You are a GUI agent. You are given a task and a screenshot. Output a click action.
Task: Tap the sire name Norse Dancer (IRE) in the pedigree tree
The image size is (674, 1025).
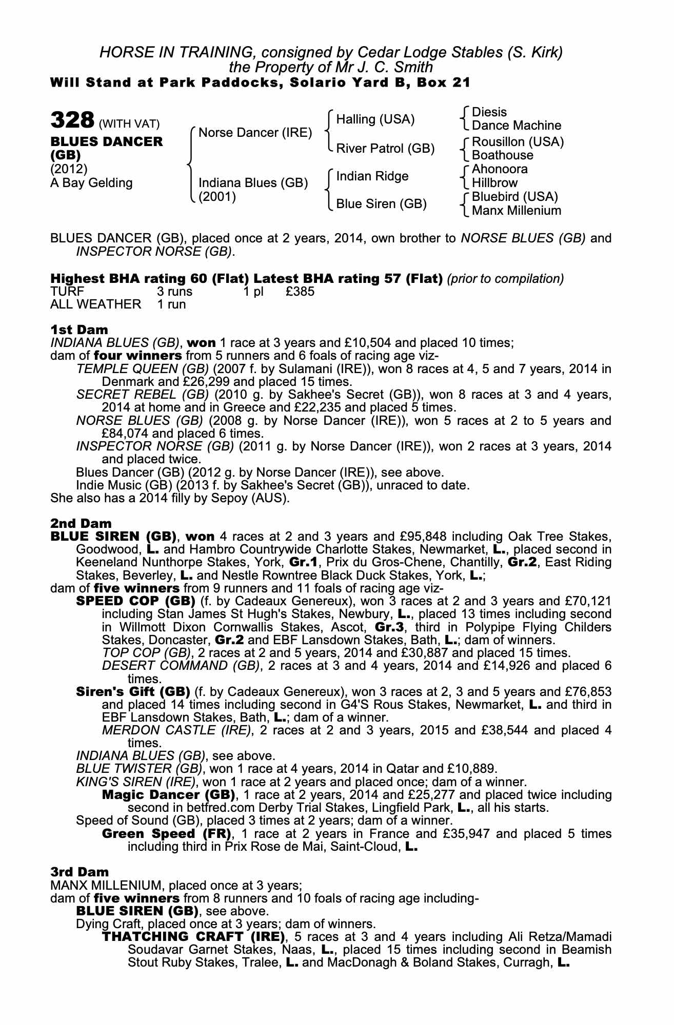pos(255,133)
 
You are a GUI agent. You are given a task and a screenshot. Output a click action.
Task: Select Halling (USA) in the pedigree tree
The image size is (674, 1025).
pos(375,119)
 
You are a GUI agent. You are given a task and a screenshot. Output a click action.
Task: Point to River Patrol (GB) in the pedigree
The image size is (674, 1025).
pos(385,149)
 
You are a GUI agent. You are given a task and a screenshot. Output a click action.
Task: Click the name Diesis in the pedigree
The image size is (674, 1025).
pos(489,112)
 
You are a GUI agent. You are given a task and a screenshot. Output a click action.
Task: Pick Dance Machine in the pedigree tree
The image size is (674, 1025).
pos(516,126)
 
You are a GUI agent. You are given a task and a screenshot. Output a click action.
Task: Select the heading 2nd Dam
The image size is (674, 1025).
pos(81,523)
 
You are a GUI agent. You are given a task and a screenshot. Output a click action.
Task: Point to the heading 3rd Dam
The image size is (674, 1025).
pos(80,872)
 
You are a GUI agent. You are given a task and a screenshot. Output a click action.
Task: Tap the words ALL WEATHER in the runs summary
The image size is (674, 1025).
pos(95,304)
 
